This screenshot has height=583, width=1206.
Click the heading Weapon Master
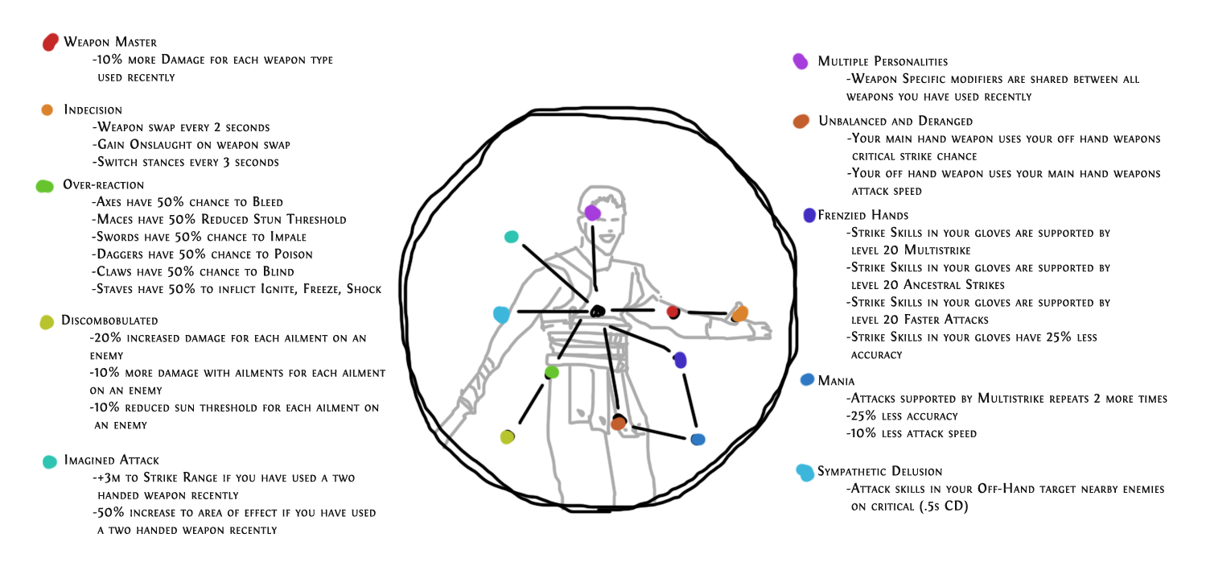click(x=110, y=42)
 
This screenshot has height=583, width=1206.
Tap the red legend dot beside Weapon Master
click(x=50, y=42)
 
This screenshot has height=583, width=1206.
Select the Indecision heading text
click(x=93, y=110)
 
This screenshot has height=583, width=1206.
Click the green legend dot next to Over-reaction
click(x=45, y=187)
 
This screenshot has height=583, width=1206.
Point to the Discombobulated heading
click(x=109, y=320)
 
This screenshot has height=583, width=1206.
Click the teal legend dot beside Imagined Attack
click(x=50, y=461)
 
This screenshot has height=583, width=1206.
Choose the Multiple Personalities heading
click(x=883, y=61)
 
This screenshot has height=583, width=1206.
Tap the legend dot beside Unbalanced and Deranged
click(x=801, y=122)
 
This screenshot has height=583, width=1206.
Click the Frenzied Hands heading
click(x=863, y=216)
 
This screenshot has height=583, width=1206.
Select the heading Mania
click(x=836, y=381)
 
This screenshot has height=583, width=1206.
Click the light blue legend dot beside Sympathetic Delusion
click(x=805, y=473)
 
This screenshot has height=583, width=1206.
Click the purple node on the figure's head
click(x=593, y=213)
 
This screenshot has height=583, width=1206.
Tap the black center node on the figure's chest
click(x=598, y=311)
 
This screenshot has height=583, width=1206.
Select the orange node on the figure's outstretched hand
click(x=740, y=313)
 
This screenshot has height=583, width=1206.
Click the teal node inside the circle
click(x=512, y=237)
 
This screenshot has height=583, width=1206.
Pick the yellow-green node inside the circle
click(x=507, y=437)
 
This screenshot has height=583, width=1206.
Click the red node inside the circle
click(x=673, y=312)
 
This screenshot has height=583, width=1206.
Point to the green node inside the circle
click(x=552, y=372)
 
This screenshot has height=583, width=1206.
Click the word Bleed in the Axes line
click(x=268, y=202)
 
